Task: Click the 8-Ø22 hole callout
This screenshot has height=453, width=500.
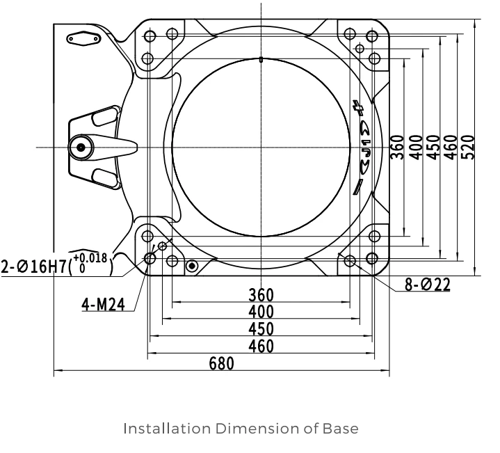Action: (x=427, y=284)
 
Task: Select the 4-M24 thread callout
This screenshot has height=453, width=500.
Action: (x=104, y=304)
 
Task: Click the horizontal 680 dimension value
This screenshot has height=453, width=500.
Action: (x=221, y=363)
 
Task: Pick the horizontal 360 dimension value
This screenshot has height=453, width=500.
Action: (x=261, y=295)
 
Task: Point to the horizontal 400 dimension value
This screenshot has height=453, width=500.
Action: (x=261, y=312)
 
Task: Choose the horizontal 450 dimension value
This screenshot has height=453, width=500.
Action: (x=261, y=329)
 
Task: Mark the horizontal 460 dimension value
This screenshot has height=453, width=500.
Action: (x=261, y=346)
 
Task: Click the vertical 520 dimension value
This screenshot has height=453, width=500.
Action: (x=468, y=148)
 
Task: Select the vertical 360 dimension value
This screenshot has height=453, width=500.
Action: (x=397, y=148)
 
